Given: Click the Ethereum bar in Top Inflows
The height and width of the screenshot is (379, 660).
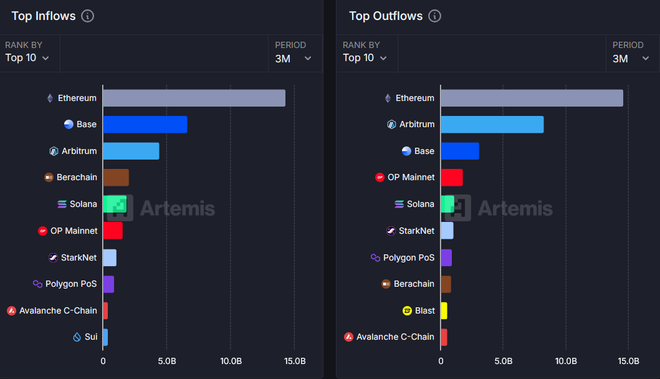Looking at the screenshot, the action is pyautogui.click(x=194, y=98).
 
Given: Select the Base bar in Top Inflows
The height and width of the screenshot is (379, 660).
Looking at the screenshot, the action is pyautogui.click(x=145, y=125).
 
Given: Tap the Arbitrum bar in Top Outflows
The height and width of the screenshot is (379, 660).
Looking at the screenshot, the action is pyautogui.click(x=492, y=125).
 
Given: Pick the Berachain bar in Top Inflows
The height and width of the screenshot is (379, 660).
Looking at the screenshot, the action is pyautogui.click(x=116, y=178).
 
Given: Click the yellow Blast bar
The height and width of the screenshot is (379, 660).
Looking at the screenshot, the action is pyautogui.click(x=444, y=311).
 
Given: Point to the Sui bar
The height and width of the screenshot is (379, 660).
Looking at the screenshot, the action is pyautogui.click(x=105, y=337).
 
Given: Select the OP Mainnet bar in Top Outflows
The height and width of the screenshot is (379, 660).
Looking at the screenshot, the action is pyautogui.click(x=452, y=178).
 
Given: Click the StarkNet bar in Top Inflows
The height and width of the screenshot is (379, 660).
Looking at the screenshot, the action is pyautogui.click(x=110, y=257).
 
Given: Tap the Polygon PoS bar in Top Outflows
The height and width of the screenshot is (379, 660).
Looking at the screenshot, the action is pyautogui.click(x=446, y=257).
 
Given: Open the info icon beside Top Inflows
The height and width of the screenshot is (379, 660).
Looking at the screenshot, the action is pyautogui.click(x=87, y=16).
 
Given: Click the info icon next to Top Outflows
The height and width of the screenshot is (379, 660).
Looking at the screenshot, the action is pyautogui.click(x=435, y=16).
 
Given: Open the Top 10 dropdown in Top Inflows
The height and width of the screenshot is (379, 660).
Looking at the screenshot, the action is pyautogui.click(x=27, y=58).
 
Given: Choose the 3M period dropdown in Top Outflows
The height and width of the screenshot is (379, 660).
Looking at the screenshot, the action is pyautogui.click(x=631, y=59).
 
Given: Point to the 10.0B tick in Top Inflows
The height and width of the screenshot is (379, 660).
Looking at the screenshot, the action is pyautogui.click(x=231, y=362).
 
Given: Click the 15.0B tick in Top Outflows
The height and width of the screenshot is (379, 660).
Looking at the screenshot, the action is pyautogui.click(x=628, y=362).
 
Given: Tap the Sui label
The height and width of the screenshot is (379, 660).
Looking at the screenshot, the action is pyautogui.click(x=91, y=337).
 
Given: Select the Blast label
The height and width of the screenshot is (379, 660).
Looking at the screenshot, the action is pyautogui.click(x=424, y=311).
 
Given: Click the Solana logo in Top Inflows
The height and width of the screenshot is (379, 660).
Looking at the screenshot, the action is pyautogui.click(x=62, y=204).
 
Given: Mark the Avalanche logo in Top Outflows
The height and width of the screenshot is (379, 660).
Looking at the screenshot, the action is pyautogui.click(x=348, y=337).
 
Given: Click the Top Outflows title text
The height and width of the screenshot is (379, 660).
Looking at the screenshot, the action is pyautogui.click(x=386, y=16).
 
